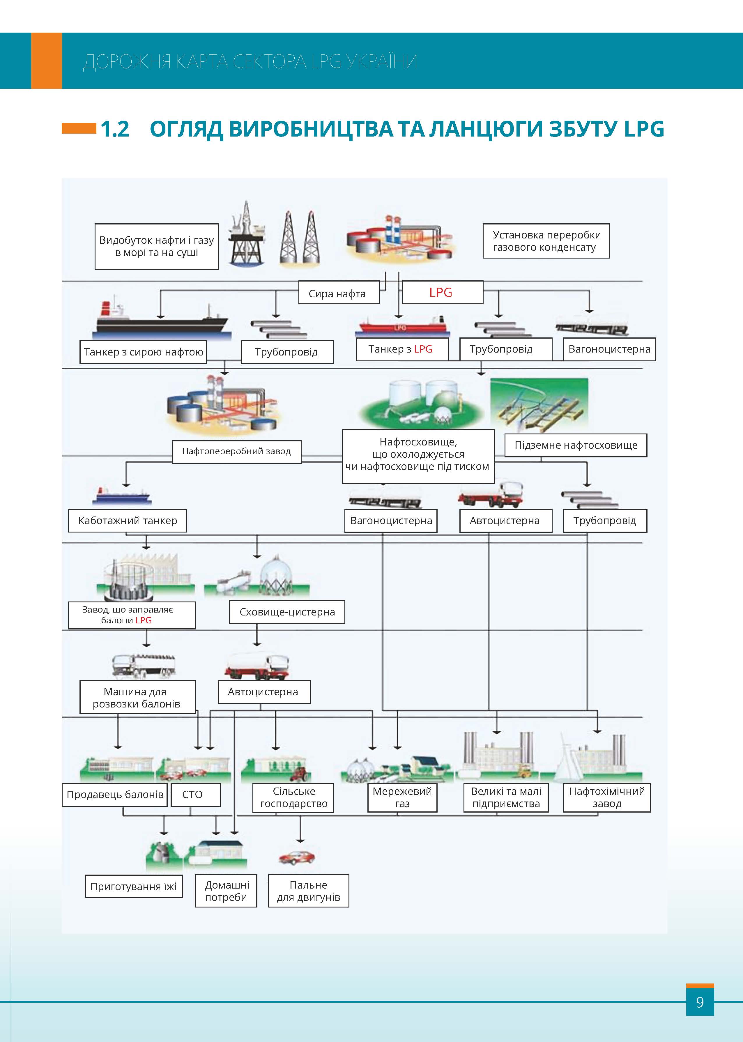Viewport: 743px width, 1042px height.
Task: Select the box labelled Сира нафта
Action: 339,293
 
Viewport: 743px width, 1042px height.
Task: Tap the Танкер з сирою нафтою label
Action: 143,352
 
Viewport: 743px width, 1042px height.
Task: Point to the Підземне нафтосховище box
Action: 576,445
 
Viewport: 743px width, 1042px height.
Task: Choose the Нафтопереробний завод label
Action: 236,452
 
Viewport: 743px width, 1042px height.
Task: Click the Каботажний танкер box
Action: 127,521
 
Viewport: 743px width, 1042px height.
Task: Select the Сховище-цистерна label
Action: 287,612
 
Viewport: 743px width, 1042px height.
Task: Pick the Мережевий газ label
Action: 402,798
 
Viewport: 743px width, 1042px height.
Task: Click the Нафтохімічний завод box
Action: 607,798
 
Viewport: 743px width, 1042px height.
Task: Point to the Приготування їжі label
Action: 133,887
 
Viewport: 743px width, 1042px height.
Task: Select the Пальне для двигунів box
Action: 308,891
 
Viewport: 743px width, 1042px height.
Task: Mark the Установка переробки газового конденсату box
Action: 546,241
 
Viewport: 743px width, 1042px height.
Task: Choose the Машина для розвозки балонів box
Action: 137,698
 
